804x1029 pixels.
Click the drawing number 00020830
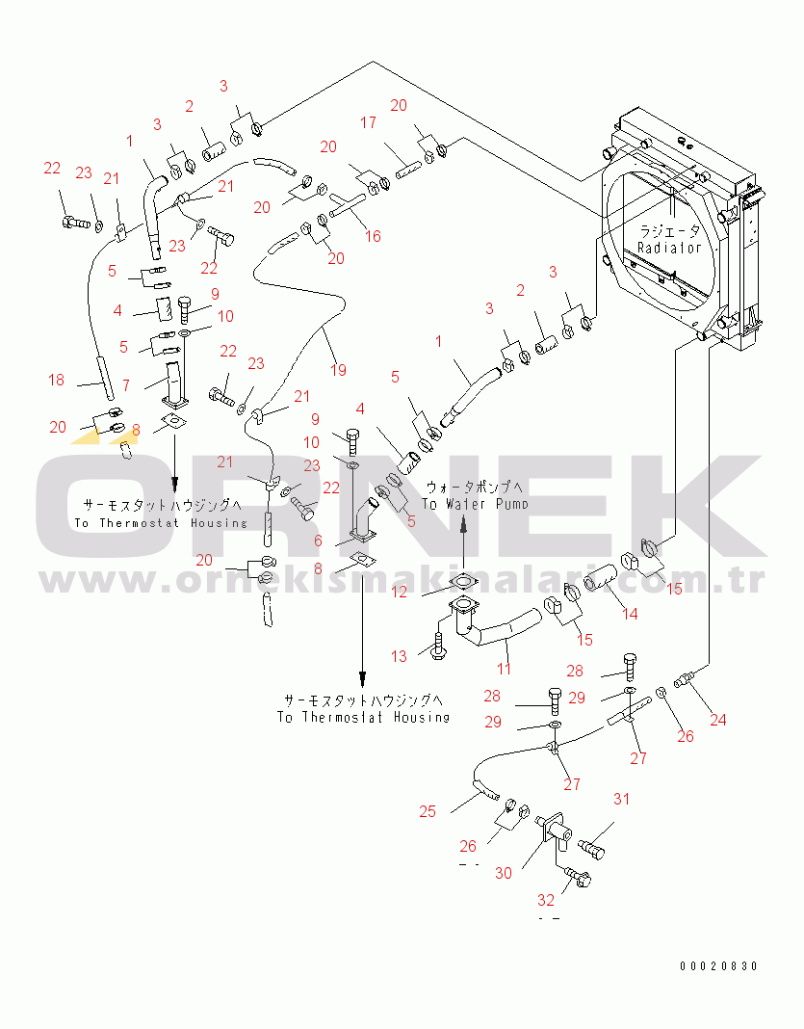pyautogui.click(x=718, y=965)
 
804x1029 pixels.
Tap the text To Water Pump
pyautogui.click(x=475, y=504)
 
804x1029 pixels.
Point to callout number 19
pyautogui.click(x=340, y=370)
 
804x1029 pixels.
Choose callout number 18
pyautogui.click(x=57, y=381)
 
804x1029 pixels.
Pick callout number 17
pyautogui.click(x=369, y=122)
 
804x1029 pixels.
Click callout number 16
pyautogui.click(x=373, y=235)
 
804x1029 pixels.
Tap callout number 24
pyautogui.click(x=718, y=719)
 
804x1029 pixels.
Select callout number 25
pyautogui.click(x=428, y=810)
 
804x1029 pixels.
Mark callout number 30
pyautogui.click(x=505, y=872)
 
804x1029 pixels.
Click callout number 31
pyautogui.click(x=621, y=798)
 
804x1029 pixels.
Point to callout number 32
pyautogui.click(x=546, y=900)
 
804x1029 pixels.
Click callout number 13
pyautogui.click(x=400, y=656)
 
